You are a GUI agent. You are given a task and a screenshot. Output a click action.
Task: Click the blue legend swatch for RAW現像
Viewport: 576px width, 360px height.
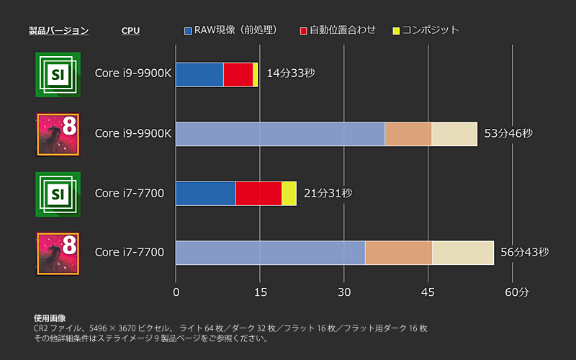(x=189, y=30)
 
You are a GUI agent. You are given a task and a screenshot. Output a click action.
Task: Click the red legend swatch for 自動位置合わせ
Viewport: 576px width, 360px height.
(x=304, y=30)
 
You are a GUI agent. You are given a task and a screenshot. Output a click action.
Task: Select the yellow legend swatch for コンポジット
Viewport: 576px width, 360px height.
(x=396, y=30)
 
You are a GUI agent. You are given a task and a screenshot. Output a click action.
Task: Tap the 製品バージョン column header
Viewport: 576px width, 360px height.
(x=58, y=30)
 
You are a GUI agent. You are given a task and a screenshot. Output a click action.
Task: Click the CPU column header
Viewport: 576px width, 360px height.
(x=130, y=30)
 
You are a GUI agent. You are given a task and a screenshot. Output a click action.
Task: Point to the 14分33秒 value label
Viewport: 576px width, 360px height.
(x=291, y=73)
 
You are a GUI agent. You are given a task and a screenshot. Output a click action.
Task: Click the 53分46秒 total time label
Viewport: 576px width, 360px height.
(x=508, y=134)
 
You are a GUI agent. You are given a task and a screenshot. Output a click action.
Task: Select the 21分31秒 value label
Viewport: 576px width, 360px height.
(x=328, y=193)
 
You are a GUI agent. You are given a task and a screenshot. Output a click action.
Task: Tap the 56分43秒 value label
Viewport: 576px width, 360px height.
(x=525, y=252)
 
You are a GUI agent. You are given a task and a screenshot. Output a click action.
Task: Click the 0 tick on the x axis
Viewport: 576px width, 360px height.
(x=176, y=292)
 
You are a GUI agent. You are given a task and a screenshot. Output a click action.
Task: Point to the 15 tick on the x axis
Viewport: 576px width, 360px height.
(x=260, y=292)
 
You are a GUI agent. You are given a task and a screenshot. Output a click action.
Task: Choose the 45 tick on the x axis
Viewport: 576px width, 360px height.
(x=428, y=292)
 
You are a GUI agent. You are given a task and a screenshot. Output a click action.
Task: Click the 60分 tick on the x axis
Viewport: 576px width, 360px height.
(x=516, y=292)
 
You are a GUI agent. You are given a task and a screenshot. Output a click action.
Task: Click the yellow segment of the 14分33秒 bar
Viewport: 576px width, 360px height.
(x=256, y=74)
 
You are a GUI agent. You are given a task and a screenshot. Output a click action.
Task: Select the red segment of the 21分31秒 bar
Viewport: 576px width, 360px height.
(x=258, y=193)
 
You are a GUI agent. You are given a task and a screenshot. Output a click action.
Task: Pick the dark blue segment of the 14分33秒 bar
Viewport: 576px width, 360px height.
(x=199, y=74)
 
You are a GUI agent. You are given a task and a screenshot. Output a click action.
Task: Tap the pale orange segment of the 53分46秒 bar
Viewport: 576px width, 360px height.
(x=408, y=134)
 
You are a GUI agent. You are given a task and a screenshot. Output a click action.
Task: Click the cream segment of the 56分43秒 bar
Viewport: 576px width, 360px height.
(x=463, y=253)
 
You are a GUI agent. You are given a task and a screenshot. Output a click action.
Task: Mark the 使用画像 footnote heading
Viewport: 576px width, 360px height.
(x=50, y=318)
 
